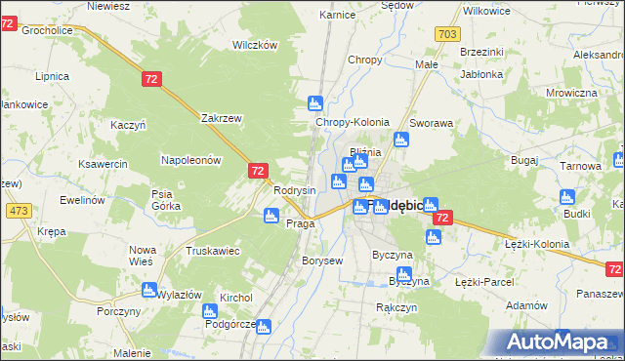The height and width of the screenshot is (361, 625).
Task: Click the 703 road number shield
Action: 448,34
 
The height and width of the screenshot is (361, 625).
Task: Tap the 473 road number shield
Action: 18,210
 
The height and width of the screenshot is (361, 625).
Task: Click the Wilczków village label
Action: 256,45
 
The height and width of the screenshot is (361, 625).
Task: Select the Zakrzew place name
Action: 221,118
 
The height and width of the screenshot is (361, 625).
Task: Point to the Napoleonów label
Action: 191,159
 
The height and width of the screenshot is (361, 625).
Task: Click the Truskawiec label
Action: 213,251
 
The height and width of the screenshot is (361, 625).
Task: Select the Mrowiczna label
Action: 571,93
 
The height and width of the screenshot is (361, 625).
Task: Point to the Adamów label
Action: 527,305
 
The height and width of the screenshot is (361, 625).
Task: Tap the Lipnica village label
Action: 52,76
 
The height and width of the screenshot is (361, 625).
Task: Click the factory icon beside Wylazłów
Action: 148,290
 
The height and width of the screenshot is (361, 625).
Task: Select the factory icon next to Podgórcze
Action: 208,312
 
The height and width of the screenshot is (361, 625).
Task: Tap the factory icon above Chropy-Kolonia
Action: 315,103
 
